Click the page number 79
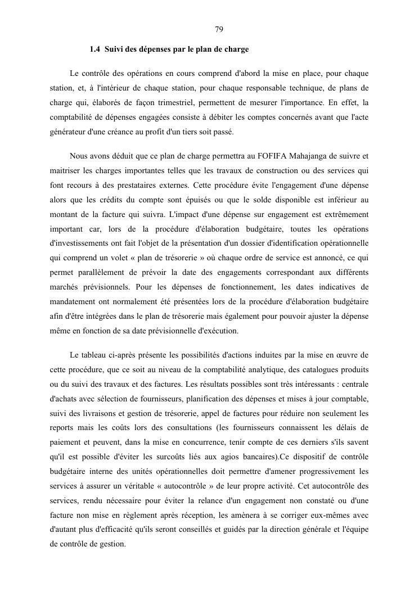coord(219,29)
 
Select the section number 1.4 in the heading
coord(95,49)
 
